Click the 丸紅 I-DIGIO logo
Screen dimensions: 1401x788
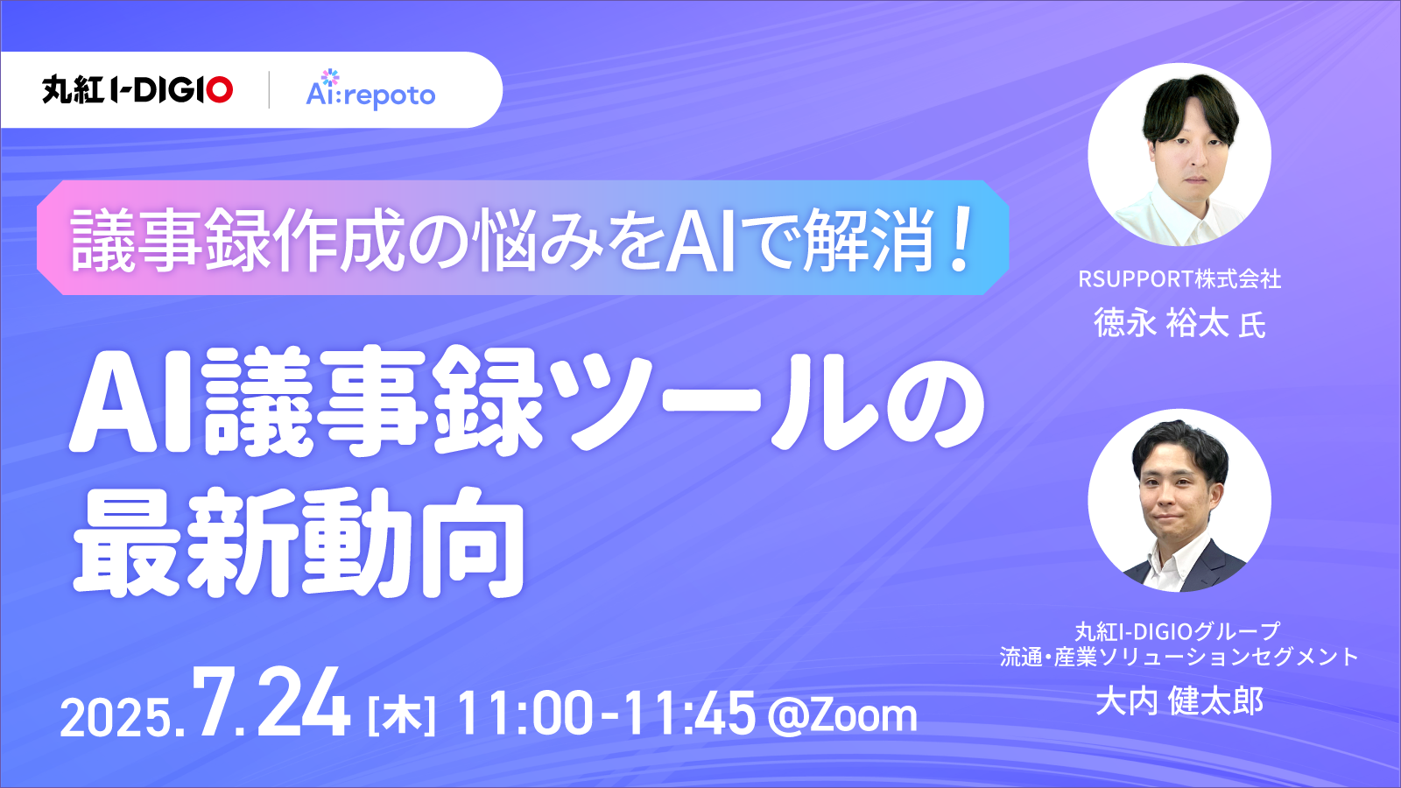tap(137, 89)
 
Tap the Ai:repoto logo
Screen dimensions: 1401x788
tap(370, 89)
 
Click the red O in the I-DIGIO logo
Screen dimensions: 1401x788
tap(220, 89)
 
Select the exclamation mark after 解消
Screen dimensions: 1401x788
tap(958, 238)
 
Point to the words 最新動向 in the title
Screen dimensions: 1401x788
tap(299, 543)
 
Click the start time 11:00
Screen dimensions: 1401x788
tap(525, 714)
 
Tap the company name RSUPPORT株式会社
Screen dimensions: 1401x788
tap(1179, 279)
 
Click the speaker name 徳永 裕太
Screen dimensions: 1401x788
tap(1161, 323)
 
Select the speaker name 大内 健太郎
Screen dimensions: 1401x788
tap(1179, 700)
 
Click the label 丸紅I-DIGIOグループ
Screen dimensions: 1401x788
tap(1178, 631)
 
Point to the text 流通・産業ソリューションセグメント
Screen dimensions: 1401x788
tap(1179, 657)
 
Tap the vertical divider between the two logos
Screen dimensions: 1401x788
tap(269, 89)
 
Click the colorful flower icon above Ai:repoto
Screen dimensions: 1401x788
tap(330, 77)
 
